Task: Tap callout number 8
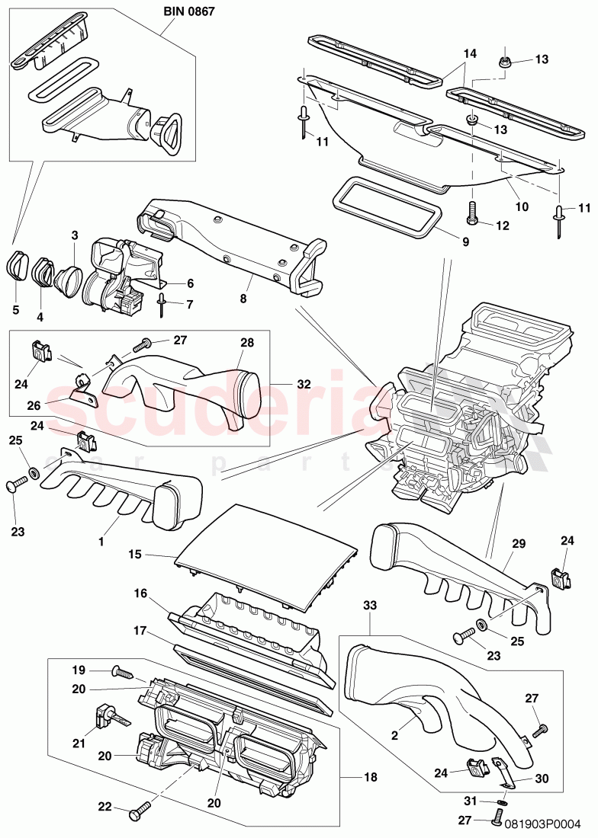click(243, 299)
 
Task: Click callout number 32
click(304, 384)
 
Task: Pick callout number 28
click(247, 342)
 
